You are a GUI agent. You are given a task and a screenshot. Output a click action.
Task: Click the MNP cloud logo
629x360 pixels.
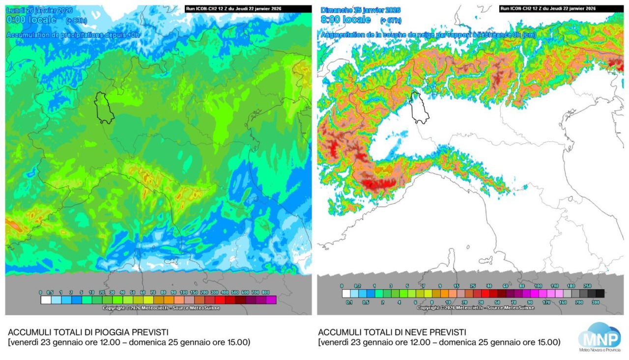(x=599, y=337)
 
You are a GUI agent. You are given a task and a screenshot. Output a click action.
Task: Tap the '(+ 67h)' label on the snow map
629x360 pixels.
(x=391, y=20)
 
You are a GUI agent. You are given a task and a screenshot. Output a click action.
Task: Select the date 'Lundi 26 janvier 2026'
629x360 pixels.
(x=39, y=10)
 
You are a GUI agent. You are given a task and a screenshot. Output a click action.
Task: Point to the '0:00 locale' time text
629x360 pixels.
(x=31, y=20)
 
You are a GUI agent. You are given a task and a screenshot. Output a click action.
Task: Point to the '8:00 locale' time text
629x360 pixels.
(x=346, y=20)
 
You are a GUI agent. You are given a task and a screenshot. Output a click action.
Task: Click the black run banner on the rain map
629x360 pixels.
(x=248, y=8)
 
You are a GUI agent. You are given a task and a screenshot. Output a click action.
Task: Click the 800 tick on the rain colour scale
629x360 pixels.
(x=266, y=292)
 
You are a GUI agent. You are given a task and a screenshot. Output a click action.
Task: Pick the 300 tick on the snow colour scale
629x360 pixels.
(x=596, y=303)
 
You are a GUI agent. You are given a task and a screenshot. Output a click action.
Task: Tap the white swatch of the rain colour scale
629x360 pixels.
(x=46, y=300)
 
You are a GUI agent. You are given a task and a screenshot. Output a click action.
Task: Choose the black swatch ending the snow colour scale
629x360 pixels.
(x=600, y=294)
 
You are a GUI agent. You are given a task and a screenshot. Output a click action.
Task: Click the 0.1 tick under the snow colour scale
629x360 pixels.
(x=349, y=303)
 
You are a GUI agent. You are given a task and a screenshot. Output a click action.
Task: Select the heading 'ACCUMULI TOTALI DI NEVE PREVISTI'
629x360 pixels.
(x=392, y=332)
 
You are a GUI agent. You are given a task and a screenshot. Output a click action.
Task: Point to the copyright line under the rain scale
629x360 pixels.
(x=161, y=308)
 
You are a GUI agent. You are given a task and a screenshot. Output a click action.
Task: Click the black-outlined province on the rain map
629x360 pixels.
(x=104, y=108)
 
